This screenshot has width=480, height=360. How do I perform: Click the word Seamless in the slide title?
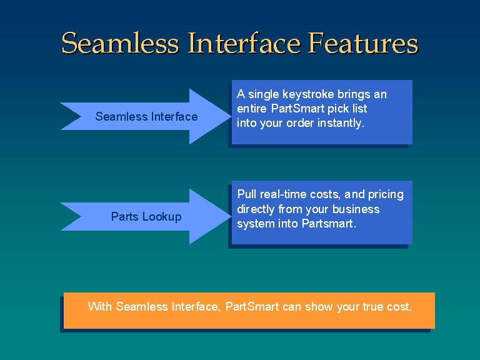[x=120, y=43]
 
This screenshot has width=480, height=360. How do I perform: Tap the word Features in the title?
[x=362, y=43]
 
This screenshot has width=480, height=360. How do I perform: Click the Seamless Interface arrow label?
[x=146, y=116]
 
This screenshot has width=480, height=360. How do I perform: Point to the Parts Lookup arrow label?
[x=146, y=216]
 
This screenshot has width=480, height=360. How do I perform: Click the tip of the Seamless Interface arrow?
[x=231, y=116]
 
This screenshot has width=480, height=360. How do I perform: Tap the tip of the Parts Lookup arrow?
[x=231, y=216]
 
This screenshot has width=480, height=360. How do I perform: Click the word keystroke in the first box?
[x=308, y=94]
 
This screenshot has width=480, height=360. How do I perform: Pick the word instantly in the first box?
[x=341, y=123]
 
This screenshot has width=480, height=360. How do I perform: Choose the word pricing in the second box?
[x=386, y=195]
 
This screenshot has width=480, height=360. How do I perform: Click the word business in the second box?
[x=356, y=209]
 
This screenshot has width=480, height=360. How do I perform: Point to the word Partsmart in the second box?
[x=329, y=224]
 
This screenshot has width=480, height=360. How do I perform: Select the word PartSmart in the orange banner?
[x=252, y=306]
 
